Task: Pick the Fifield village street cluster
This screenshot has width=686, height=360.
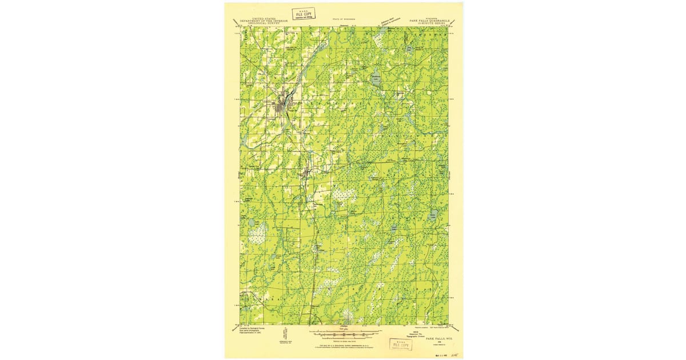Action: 306,172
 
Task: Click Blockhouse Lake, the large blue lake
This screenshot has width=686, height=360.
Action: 376,80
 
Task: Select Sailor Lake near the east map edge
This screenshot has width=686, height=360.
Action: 433,215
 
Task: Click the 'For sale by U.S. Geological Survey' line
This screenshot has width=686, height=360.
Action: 343,346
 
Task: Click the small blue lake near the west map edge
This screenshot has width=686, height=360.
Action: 251,222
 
